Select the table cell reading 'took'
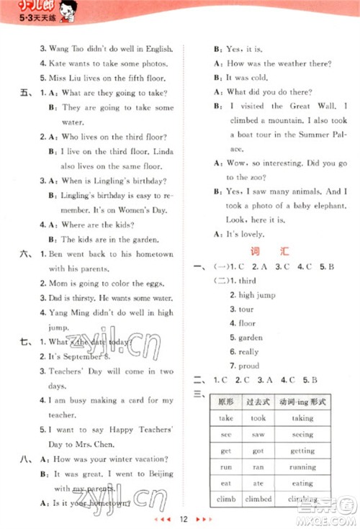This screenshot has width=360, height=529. tap(258, 417)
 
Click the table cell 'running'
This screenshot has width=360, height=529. tap(302, 467)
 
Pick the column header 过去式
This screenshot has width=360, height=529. tap(258, 402)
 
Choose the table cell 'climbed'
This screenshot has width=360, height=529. tap(258, 499)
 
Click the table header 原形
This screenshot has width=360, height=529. tap(226, 402)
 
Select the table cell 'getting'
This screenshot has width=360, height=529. tap(302, 451)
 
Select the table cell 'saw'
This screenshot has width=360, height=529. tap(258, 434)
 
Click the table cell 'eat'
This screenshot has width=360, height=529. tap(226, 483)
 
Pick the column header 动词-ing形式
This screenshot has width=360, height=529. tap(302, 402)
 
